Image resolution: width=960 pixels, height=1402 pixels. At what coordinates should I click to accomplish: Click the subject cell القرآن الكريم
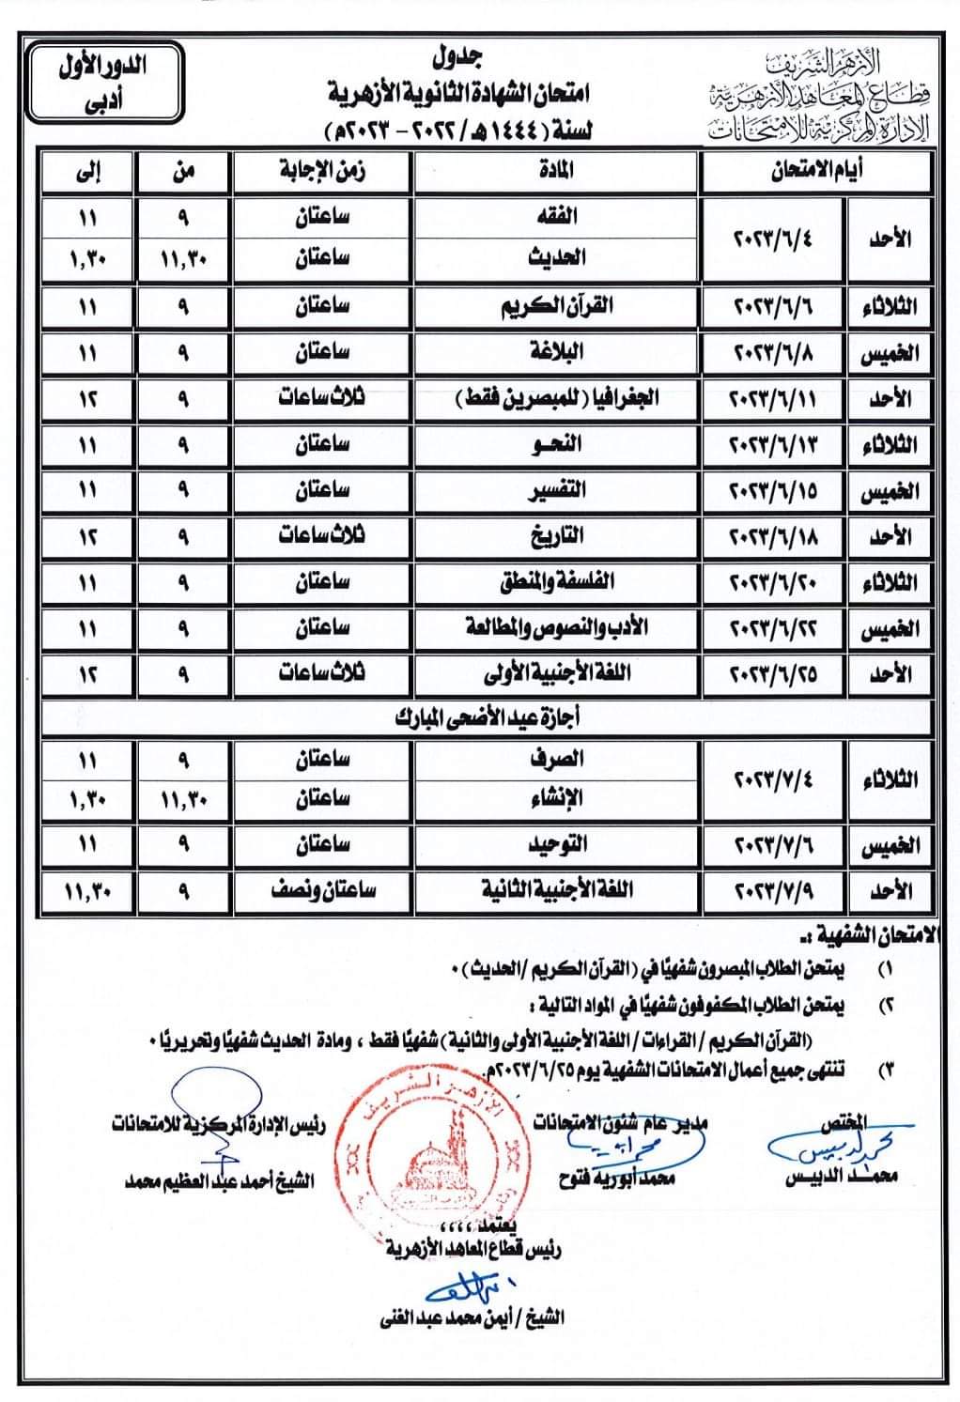(x=557, y=306)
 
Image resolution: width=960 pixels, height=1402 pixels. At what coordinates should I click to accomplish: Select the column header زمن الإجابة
(x=323, y=171)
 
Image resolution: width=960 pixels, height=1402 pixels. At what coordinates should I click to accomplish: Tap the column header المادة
(x=556, y=171)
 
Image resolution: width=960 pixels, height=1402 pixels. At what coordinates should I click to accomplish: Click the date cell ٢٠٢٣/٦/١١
(x=773, y=399)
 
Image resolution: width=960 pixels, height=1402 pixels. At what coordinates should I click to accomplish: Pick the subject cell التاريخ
(x=557, y=536)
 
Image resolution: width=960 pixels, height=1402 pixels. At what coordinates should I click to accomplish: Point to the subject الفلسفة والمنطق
(x=557, y=581)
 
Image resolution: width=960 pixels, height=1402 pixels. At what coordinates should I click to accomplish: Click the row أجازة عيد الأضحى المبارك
(x=486, y=718)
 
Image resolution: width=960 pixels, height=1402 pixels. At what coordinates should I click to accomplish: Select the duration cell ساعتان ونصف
(x=323, y=889)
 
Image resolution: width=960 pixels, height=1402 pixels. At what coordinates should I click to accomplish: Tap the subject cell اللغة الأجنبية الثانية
(x=557, y=889)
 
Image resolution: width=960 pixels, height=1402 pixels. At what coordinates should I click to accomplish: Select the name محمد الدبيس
(x=841, y=1177)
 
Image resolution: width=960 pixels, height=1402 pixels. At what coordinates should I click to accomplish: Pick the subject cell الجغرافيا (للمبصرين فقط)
(x=557, y=398)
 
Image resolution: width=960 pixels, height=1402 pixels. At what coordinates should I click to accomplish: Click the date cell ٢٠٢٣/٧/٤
(x=773, y=779)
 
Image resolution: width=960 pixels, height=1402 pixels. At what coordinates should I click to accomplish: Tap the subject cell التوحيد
(x=557, y=844)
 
